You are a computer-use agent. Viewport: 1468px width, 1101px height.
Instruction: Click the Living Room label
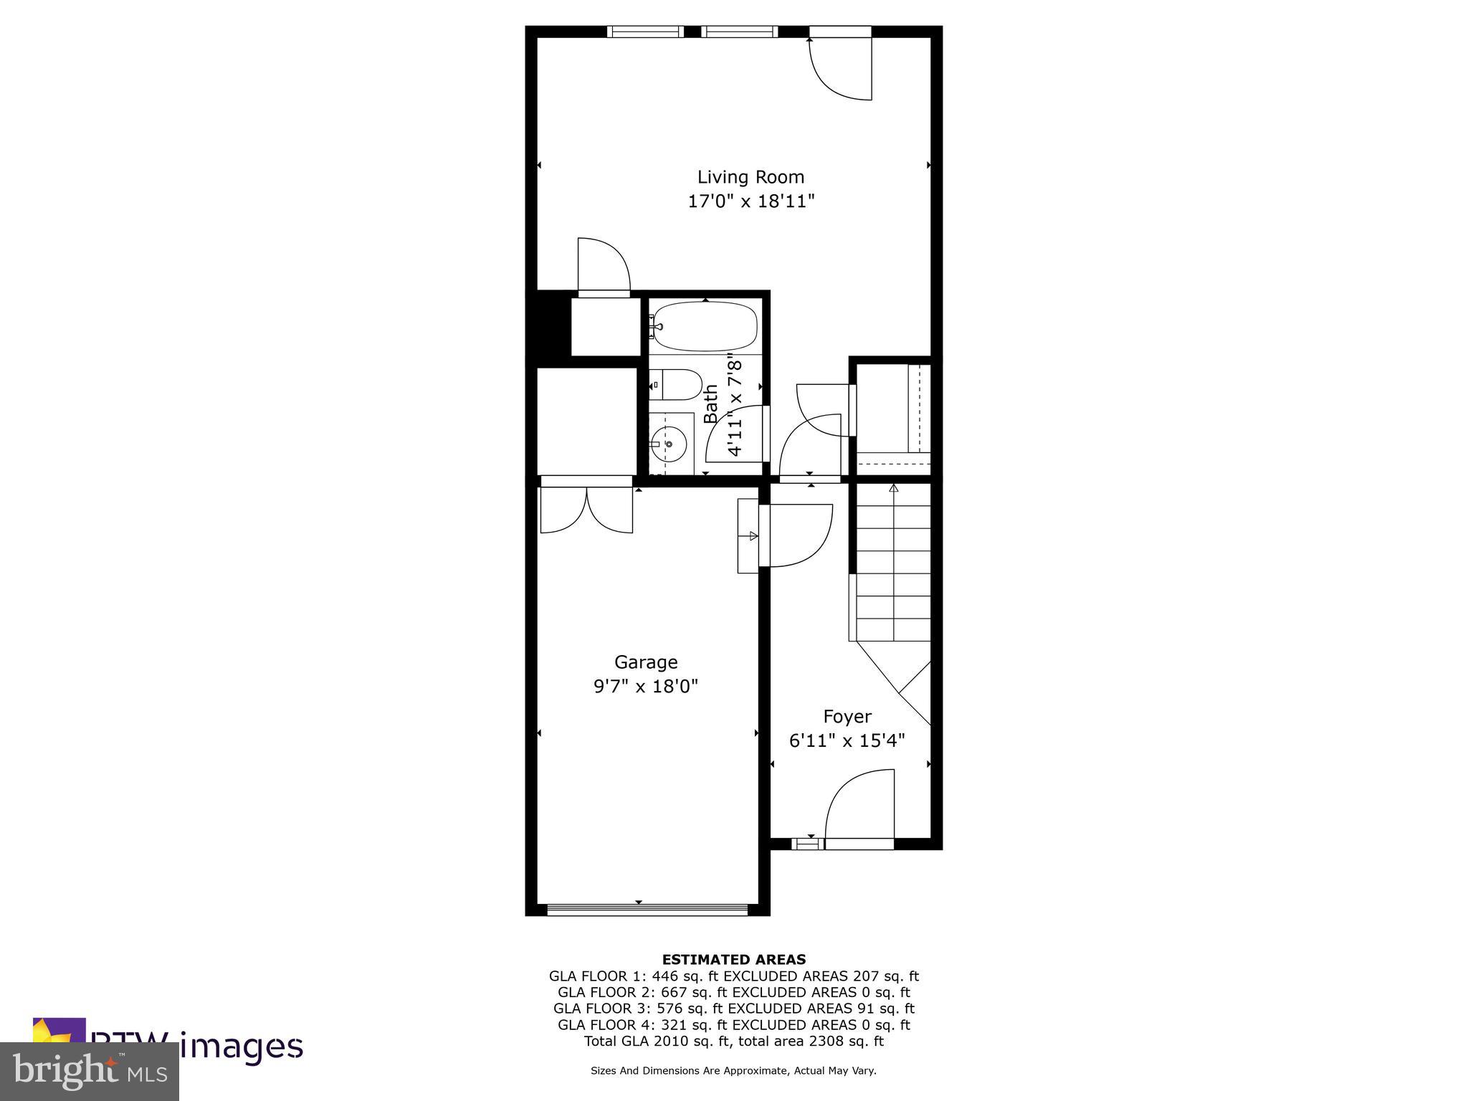tap(750, 177)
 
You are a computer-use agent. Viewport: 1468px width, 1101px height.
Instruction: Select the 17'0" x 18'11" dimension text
tap(751, 201)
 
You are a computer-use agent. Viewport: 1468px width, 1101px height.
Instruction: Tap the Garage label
tap(645, 662)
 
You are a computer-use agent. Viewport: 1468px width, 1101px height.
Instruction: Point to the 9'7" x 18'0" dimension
tap(645, 687)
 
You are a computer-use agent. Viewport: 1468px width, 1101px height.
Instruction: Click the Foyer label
tap(847, 717)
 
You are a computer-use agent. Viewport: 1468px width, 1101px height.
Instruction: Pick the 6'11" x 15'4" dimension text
tap(847, 740)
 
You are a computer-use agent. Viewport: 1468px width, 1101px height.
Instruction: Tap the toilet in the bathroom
tap(677, 385)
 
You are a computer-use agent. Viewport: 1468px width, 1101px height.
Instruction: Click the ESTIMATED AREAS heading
tap(733, 959)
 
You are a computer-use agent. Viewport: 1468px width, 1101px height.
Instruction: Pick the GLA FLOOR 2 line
tap(733, 992)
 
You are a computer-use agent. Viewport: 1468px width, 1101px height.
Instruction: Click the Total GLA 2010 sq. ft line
tap(733, 1041)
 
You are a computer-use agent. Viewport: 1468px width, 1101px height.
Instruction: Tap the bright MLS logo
tap(90, 1071)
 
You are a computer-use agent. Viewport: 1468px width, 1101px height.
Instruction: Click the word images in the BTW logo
tap(241, 1047)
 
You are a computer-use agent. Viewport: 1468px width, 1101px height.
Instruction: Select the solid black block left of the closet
tap(550, 327)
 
